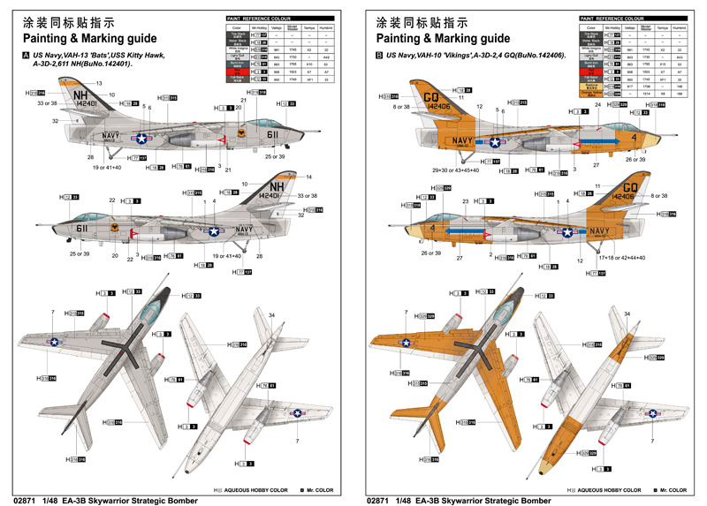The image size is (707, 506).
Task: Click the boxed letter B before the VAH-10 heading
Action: (380, 55)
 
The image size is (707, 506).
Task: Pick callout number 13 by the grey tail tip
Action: (99, 83)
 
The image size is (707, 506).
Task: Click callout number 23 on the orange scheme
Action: (464, 202)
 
